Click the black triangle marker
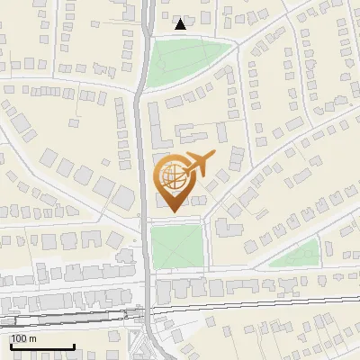coord(181,24)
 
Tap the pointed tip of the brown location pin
coord(172,211)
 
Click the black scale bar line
coord(41,346)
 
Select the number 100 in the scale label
coord(21,338)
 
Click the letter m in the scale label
coord(33,338)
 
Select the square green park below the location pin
coord(177,246)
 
